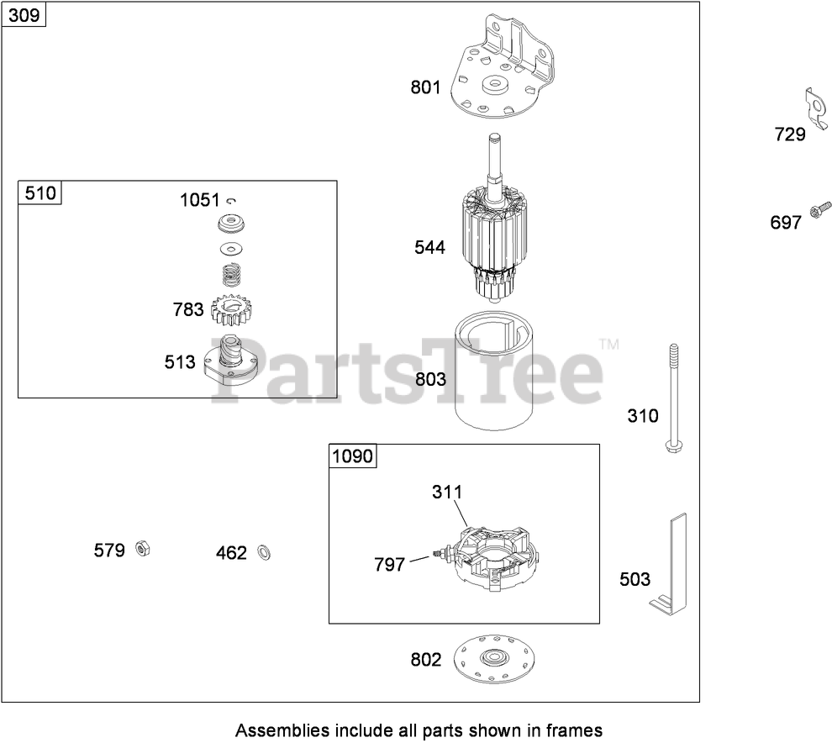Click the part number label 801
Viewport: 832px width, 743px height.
tap(425, 87)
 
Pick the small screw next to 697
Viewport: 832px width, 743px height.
tap(819, 211)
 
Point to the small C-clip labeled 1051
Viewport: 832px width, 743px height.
tap(233, 200)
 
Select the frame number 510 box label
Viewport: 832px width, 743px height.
tap(40, 193)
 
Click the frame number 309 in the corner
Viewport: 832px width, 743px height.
tap(24, 15)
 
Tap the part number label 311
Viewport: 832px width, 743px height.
tap(447, 492)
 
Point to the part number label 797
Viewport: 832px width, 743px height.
tap(389, 565)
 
